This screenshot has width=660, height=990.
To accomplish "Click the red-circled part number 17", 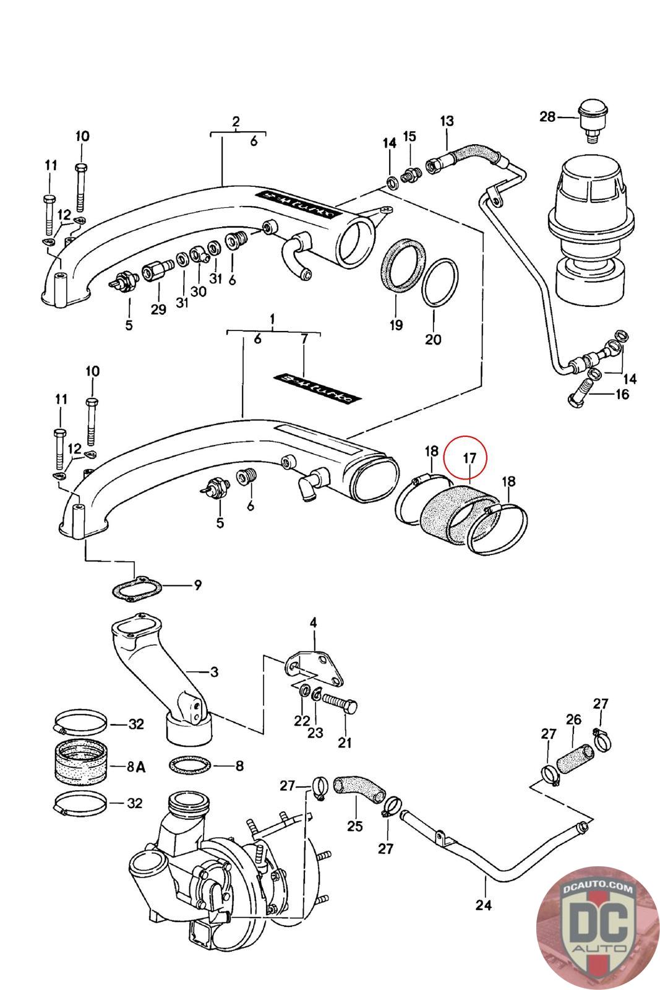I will coord(468,458).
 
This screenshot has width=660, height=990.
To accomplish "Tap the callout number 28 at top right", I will coord(547,116).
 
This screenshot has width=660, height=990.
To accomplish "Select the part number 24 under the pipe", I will coord(483,905).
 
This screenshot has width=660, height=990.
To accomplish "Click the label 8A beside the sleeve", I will coord(135,767).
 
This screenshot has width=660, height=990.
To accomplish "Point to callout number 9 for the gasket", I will coord(197,585).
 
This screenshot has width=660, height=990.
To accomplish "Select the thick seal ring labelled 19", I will coord(403,265).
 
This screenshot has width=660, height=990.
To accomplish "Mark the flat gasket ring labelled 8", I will coord(189,766).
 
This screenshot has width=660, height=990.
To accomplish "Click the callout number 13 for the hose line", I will coord(447,121).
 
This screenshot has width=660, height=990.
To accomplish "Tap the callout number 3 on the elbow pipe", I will coord(213,671).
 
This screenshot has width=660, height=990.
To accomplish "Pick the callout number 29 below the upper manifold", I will coord(158,309).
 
